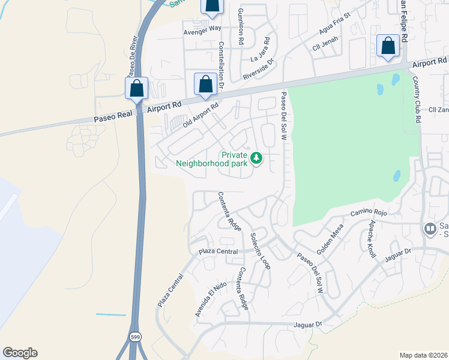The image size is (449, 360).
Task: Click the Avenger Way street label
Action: click(202, 28)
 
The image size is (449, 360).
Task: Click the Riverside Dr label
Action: click(258, 69)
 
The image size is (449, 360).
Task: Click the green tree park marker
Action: click(257, 158)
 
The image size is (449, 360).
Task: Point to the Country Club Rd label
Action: click(417, 100)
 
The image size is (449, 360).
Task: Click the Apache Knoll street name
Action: click(372, 238)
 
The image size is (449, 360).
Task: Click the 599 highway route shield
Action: click(136, 337)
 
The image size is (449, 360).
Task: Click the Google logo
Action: click(20, 353)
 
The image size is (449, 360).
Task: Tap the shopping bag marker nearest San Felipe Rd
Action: click(388, 46)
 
